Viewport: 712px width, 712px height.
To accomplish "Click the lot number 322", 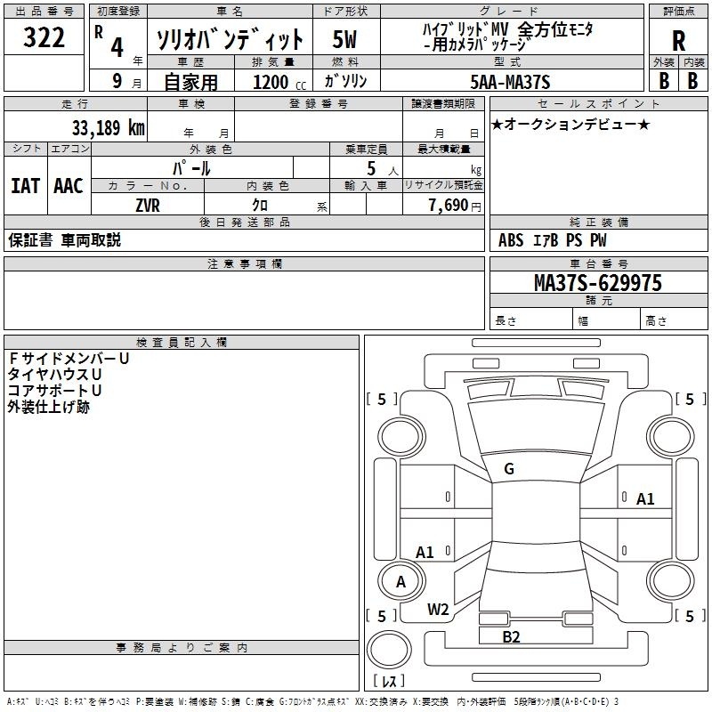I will click(x=44, y=38).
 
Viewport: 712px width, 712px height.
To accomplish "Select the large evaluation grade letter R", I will click(x=678, y=42).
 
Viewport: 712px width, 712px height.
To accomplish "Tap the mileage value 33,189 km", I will click(x=109, y=127).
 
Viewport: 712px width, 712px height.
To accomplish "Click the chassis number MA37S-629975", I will click(x=597, y=283).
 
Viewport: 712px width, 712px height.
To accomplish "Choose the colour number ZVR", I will click(x=148, y=204).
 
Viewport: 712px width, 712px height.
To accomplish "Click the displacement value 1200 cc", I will click(x=272, y=82).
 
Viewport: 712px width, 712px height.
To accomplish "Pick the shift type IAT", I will click(x=25, y=186).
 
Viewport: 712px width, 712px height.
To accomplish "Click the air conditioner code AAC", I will click(x=69, y=186).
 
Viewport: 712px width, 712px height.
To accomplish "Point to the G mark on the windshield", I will click(x=508, y=469).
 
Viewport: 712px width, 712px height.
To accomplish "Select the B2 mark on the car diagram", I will click(x=511, y=636).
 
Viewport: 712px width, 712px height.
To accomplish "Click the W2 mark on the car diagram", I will click(x=437, y=609).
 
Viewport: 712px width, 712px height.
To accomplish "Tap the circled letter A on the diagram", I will click(x=400, y=582).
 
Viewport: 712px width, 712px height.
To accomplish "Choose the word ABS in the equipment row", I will click(x=511, y=239).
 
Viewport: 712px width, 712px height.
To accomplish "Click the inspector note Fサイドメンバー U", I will click(x=68, y=359).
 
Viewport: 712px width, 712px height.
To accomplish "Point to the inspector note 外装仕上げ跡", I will click(x=48, y=407).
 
